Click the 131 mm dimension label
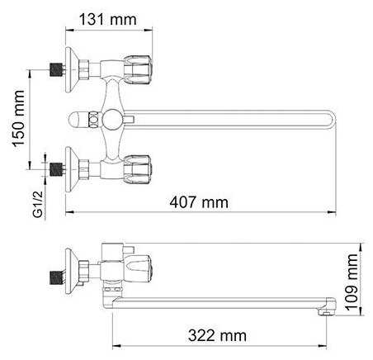[108, 20]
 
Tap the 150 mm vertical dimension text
[19, 118]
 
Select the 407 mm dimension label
[199, 202]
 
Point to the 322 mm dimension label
[217, 336]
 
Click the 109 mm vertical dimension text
[352, 282]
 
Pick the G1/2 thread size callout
[38, 205]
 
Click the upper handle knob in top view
[137, 69]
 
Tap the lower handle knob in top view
[137, 169]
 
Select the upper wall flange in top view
[72, 70]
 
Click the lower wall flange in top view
[72, 169]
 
